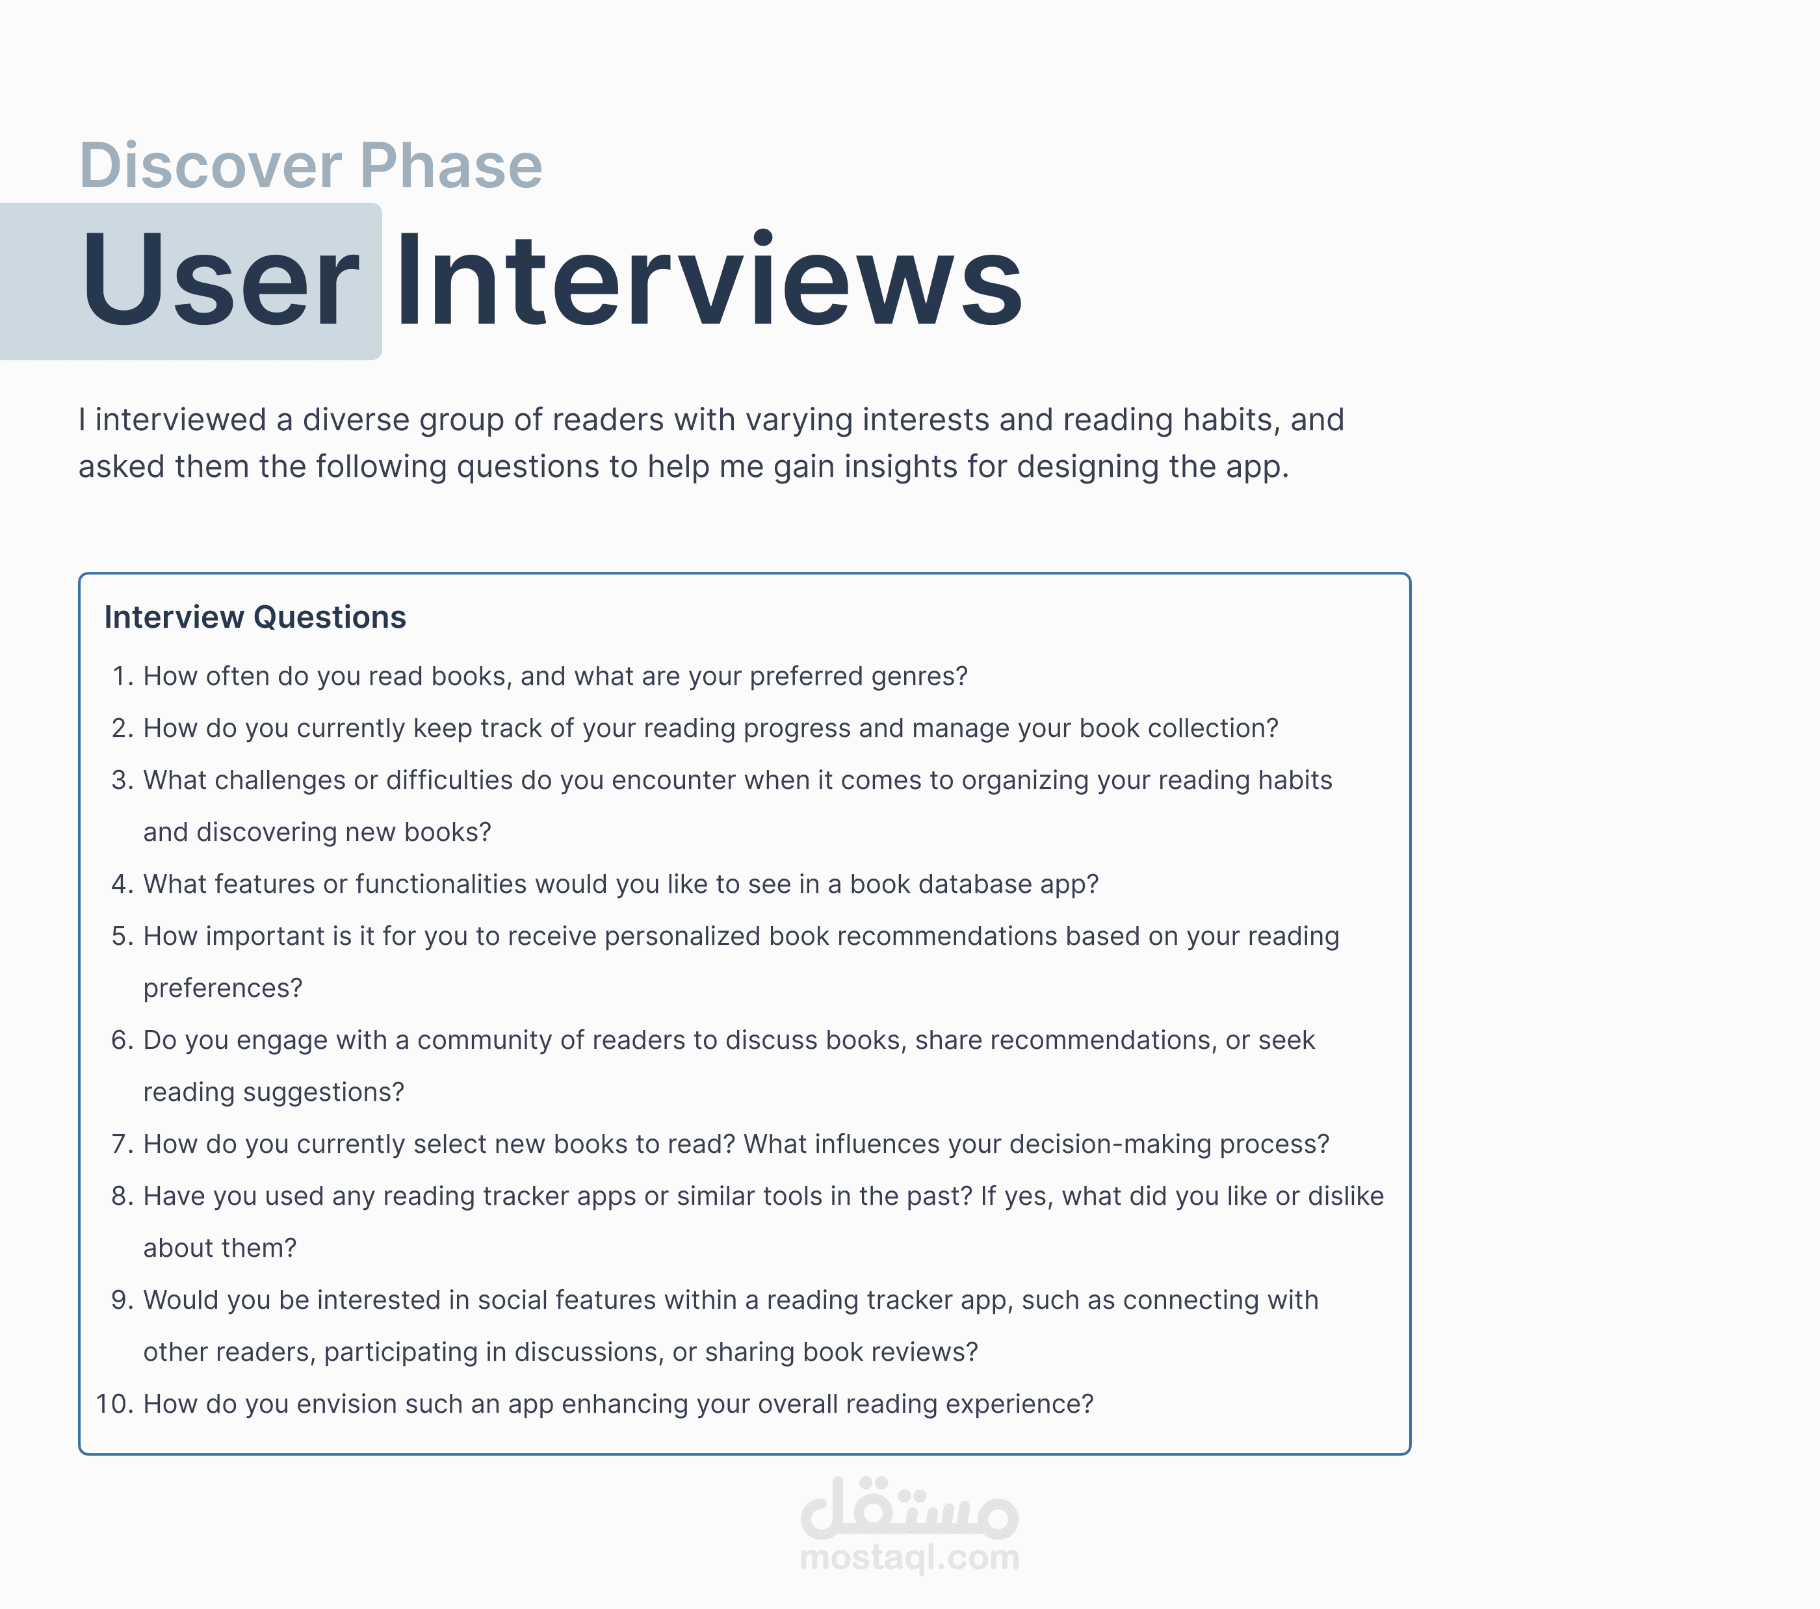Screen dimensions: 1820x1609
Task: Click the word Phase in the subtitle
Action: pyautogui.click(x=452, y=166)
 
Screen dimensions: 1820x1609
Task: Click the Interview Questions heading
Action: pyautogui.click(x=255, y=617)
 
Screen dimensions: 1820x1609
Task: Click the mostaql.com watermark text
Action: pyautogui.click(x=910, y=1558)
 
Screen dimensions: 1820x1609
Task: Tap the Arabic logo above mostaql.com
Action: pyautogui.click(x=910, y=1508)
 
